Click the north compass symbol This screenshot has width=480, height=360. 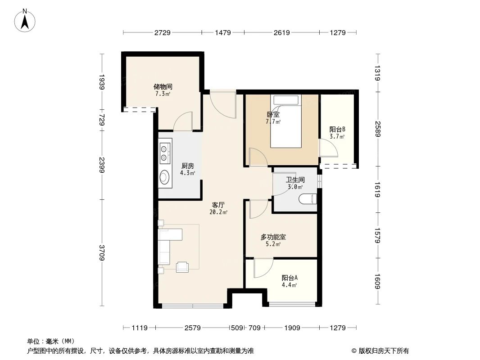coord(26,20)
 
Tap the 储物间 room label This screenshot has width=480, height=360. coord(163,90)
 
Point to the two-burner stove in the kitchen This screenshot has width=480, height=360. coord(164,151)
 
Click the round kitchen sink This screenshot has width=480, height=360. coord(164,178)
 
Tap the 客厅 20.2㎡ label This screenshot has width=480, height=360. coord(218,208)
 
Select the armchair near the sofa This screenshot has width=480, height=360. coord(183,266)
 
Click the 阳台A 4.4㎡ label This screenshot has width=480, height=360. coord(289,281)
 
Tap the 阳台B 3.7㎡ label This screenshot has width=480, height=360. coord(337,132)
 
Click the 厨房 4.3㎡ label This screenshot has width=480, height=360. coord(188,169)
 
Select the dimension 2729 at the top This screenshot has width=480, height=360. coord(162,32)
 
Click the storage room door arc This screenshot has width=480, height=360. coord(183,121)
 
